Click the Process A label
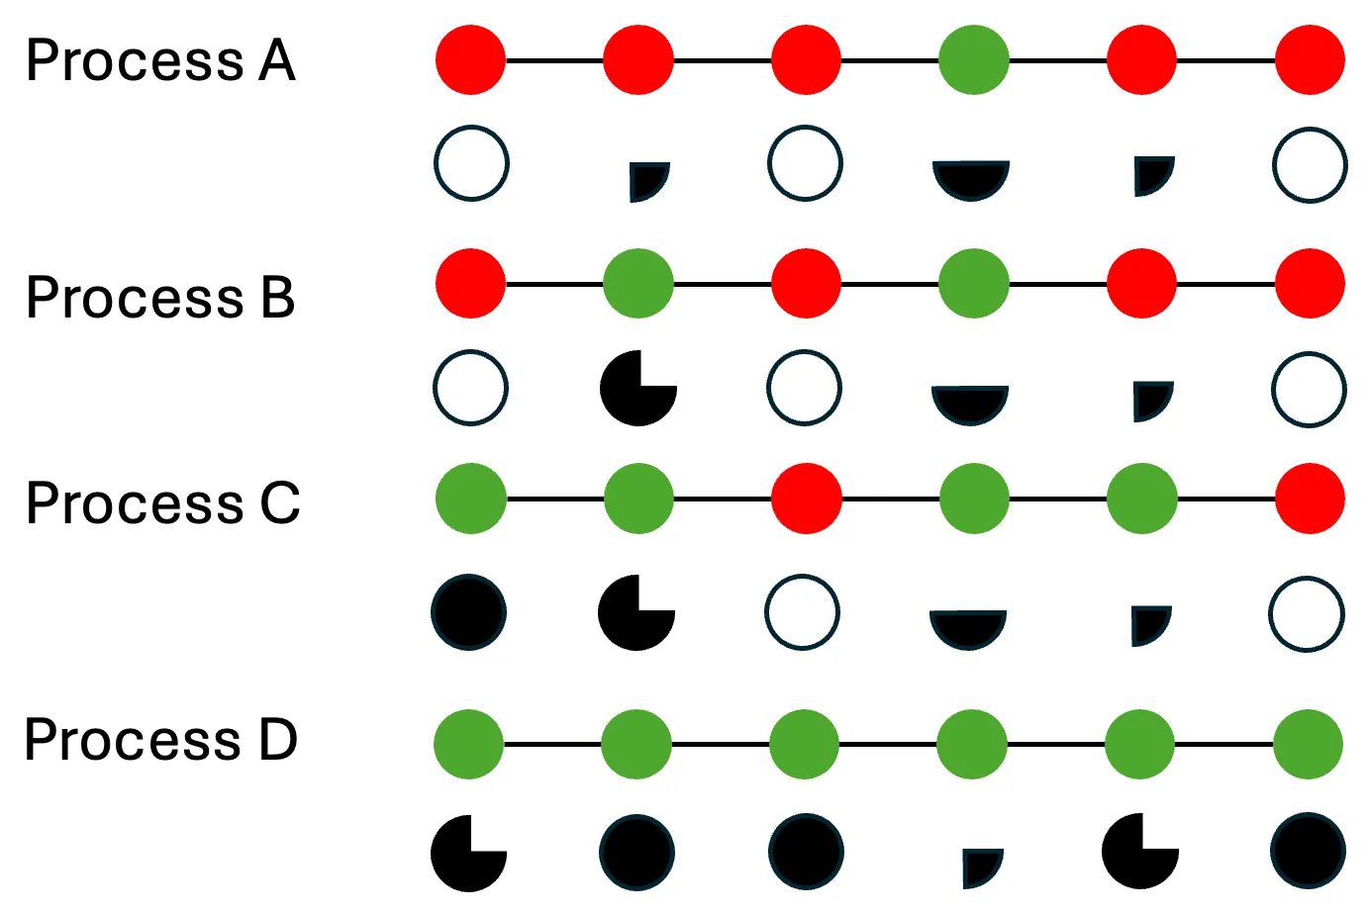point(160,61)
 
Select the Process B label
point(160,298)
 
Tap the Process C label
point(162,503)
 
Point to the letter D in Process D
point(278,740)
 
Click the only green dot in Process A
point(974,60)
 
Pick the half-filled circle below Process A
point(971,178)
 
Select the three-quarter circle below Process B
point(638,388)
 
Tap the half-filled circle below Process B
point(970,403)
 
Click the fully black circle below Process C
point(469,612)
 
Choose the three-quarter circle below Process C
point(636,612)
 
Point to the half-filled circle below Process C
point(968,627)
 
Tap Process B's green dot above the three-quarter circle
point(638,284)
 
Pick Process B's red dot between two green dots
point(807,284)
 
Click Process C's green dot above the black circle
point(471,499)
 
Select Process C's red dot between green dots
point(807,499)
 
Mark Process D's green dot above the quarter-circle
point(972,744)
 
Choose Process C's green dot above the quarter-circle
point(1142,499)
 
